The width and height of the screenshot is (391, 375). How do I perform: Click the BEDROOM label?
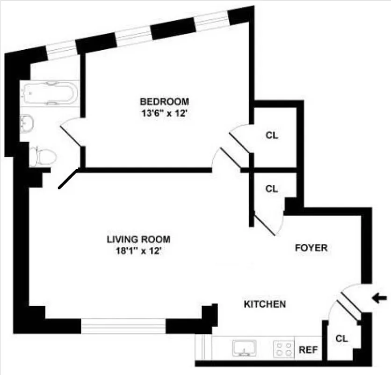pos(165,101)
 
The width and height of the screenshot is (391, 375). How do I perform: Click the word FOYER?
pos(311,247)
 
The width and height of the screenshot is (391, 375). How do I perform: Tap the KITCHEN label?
pos(265,304)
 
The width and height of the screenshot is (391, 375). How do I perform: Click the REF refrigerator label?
pos(308,350)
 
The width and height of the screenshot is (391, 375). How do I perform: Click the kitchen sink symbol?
pos(244,348)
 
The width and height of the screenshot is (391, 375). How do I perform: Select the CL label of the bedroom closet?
pos(272,135)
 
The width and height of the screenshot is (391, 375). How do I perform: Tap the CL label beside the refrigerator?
pos(342,338)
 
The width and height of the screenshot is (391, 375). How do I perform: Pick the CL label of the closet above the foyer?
pos(272,189)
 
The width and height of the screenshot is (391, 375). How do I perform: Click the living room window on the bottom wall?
pos(123,325)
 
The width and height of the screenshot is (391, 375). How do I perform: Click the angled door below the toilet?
pos(68,180)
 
